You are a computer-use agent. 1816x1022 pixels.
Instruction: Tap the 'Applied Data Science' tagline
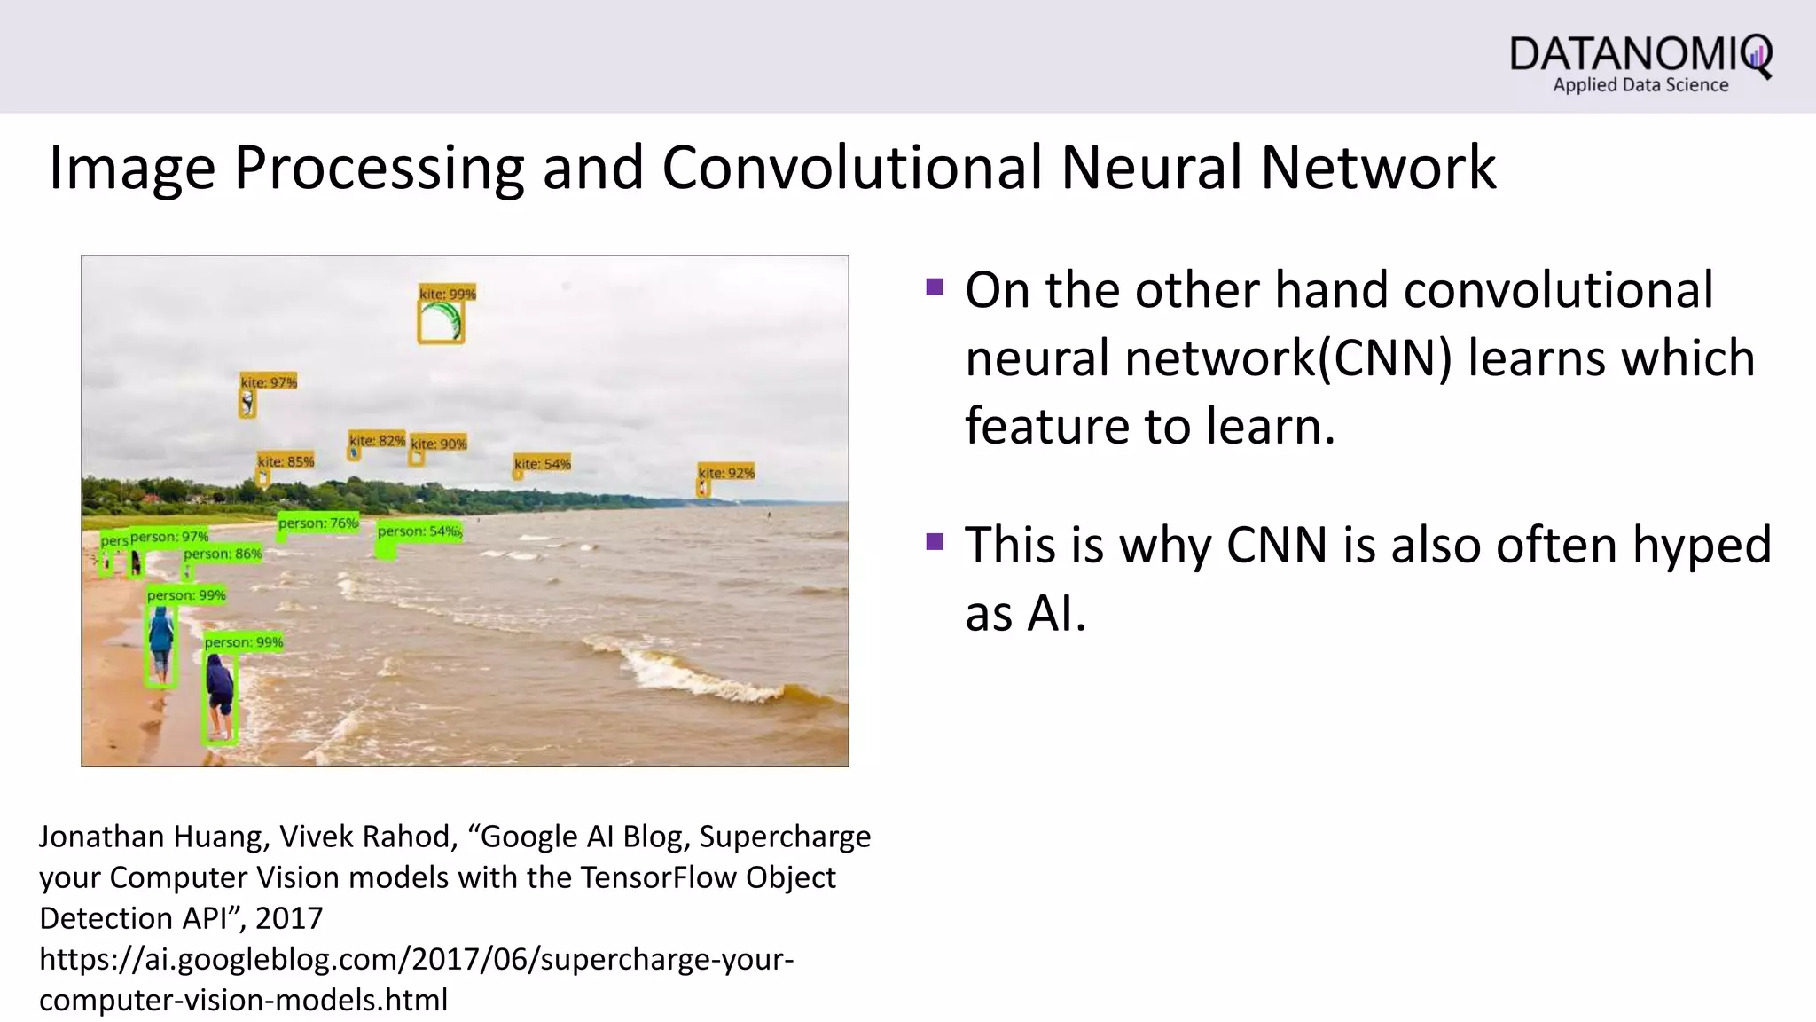point(1640,85)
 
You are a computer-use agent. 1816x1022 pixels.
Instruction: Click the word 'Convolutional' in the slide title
point(851,167)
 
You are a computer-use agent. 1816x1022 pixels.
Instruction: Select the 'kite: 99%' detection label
point(447,294)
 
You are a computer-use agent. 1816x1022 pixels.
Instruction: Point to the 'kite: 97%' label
point(269,381)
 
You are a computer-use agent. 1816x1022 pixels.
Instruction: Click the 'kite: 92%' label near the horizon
point(725,473)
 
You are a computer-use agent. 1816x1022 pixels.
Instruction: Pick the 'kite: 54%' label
point(542,463)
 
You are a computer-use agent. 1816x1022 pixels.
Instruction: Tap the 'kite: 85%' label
point(286,461)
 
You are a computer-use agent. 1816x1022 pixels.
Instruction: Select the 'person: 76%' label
point(317,523)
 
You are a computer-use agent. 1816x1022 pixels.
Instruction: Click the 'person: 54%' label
point(419,531)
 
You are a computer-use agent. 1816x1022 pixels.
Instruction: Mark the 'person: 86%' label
point(223,554)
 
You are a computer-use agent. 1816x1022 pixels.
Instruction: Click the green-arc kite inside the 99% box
point(441,322)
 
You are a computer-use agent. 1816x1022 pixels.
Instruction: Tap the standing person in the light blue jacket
point(160,643)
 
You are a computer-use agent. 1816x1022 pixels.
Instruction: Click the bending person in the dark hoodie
point(220,692)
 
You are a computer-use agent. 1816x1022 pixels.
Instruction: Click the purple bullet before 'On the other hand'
point(934,287)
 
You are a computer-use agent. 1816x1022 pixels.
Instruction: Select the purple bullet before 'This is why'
point(934,541)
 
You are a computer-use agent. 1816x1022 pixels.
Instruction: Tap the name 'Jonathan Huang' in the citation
point(151,837)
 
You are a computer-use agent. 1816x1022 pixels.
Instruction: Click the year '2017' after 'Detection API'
point(289,918)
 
